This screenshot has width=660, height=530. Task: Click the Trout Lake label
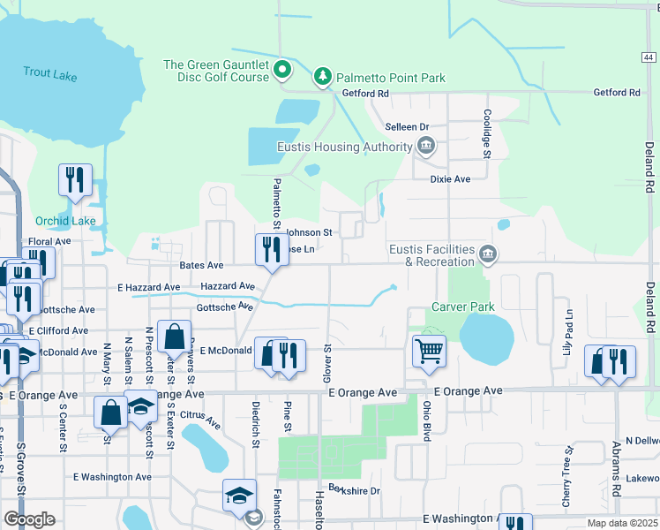pos(50,74)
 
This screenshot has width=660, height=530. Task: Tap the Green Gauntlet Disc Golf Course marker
pos(282,69)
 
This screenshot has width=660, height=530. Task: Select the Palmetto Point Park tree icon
pos(323,78)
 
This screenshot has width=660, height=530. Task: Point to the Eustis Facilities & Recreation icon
pos(487,255)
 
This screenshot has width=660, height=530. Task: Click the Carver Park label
pos(462,307)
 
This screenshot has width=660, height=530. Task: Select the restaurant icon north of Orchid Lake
pos(74,179)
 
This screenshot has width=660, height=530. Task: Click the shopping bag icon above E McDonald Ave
pos(175,337)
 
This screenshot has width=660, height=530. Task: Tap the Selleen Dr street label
pos(406,127)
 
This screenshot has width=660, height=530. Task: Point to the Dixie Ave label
pos(450,178)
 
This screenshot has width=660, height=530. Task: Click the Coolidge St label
pos(486,134)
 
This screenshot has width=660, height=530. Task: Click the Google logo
pos(29,519)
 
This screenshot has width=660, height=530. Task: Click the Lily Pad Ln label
pos(568,328)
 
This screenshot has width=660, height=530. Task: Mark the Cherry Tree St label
pos(569,462)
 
